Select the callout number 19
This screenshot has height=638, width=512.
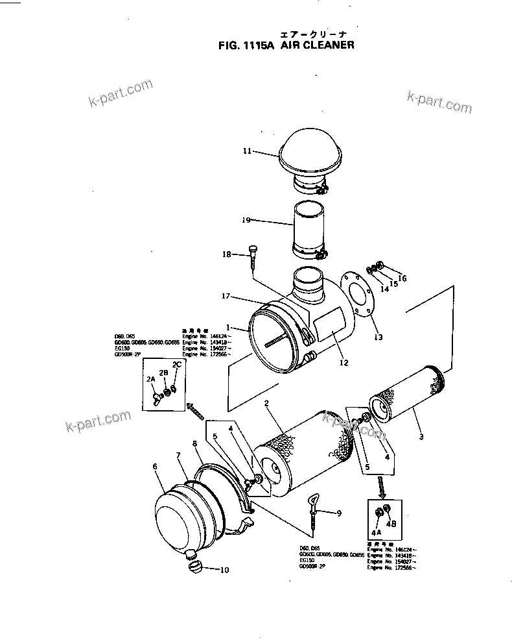coord(246,220)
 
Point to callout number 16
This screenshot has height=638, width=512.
coord(402,278)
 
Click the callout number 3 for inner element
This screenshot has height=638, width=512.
coord(421,437)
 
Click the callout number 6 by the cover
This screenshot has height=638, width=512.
coord(155,466)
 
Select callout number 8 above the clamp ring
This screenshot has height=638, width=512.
coord(194,443)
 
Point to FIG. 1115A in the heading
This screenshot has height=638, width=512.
coord(247,45)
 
